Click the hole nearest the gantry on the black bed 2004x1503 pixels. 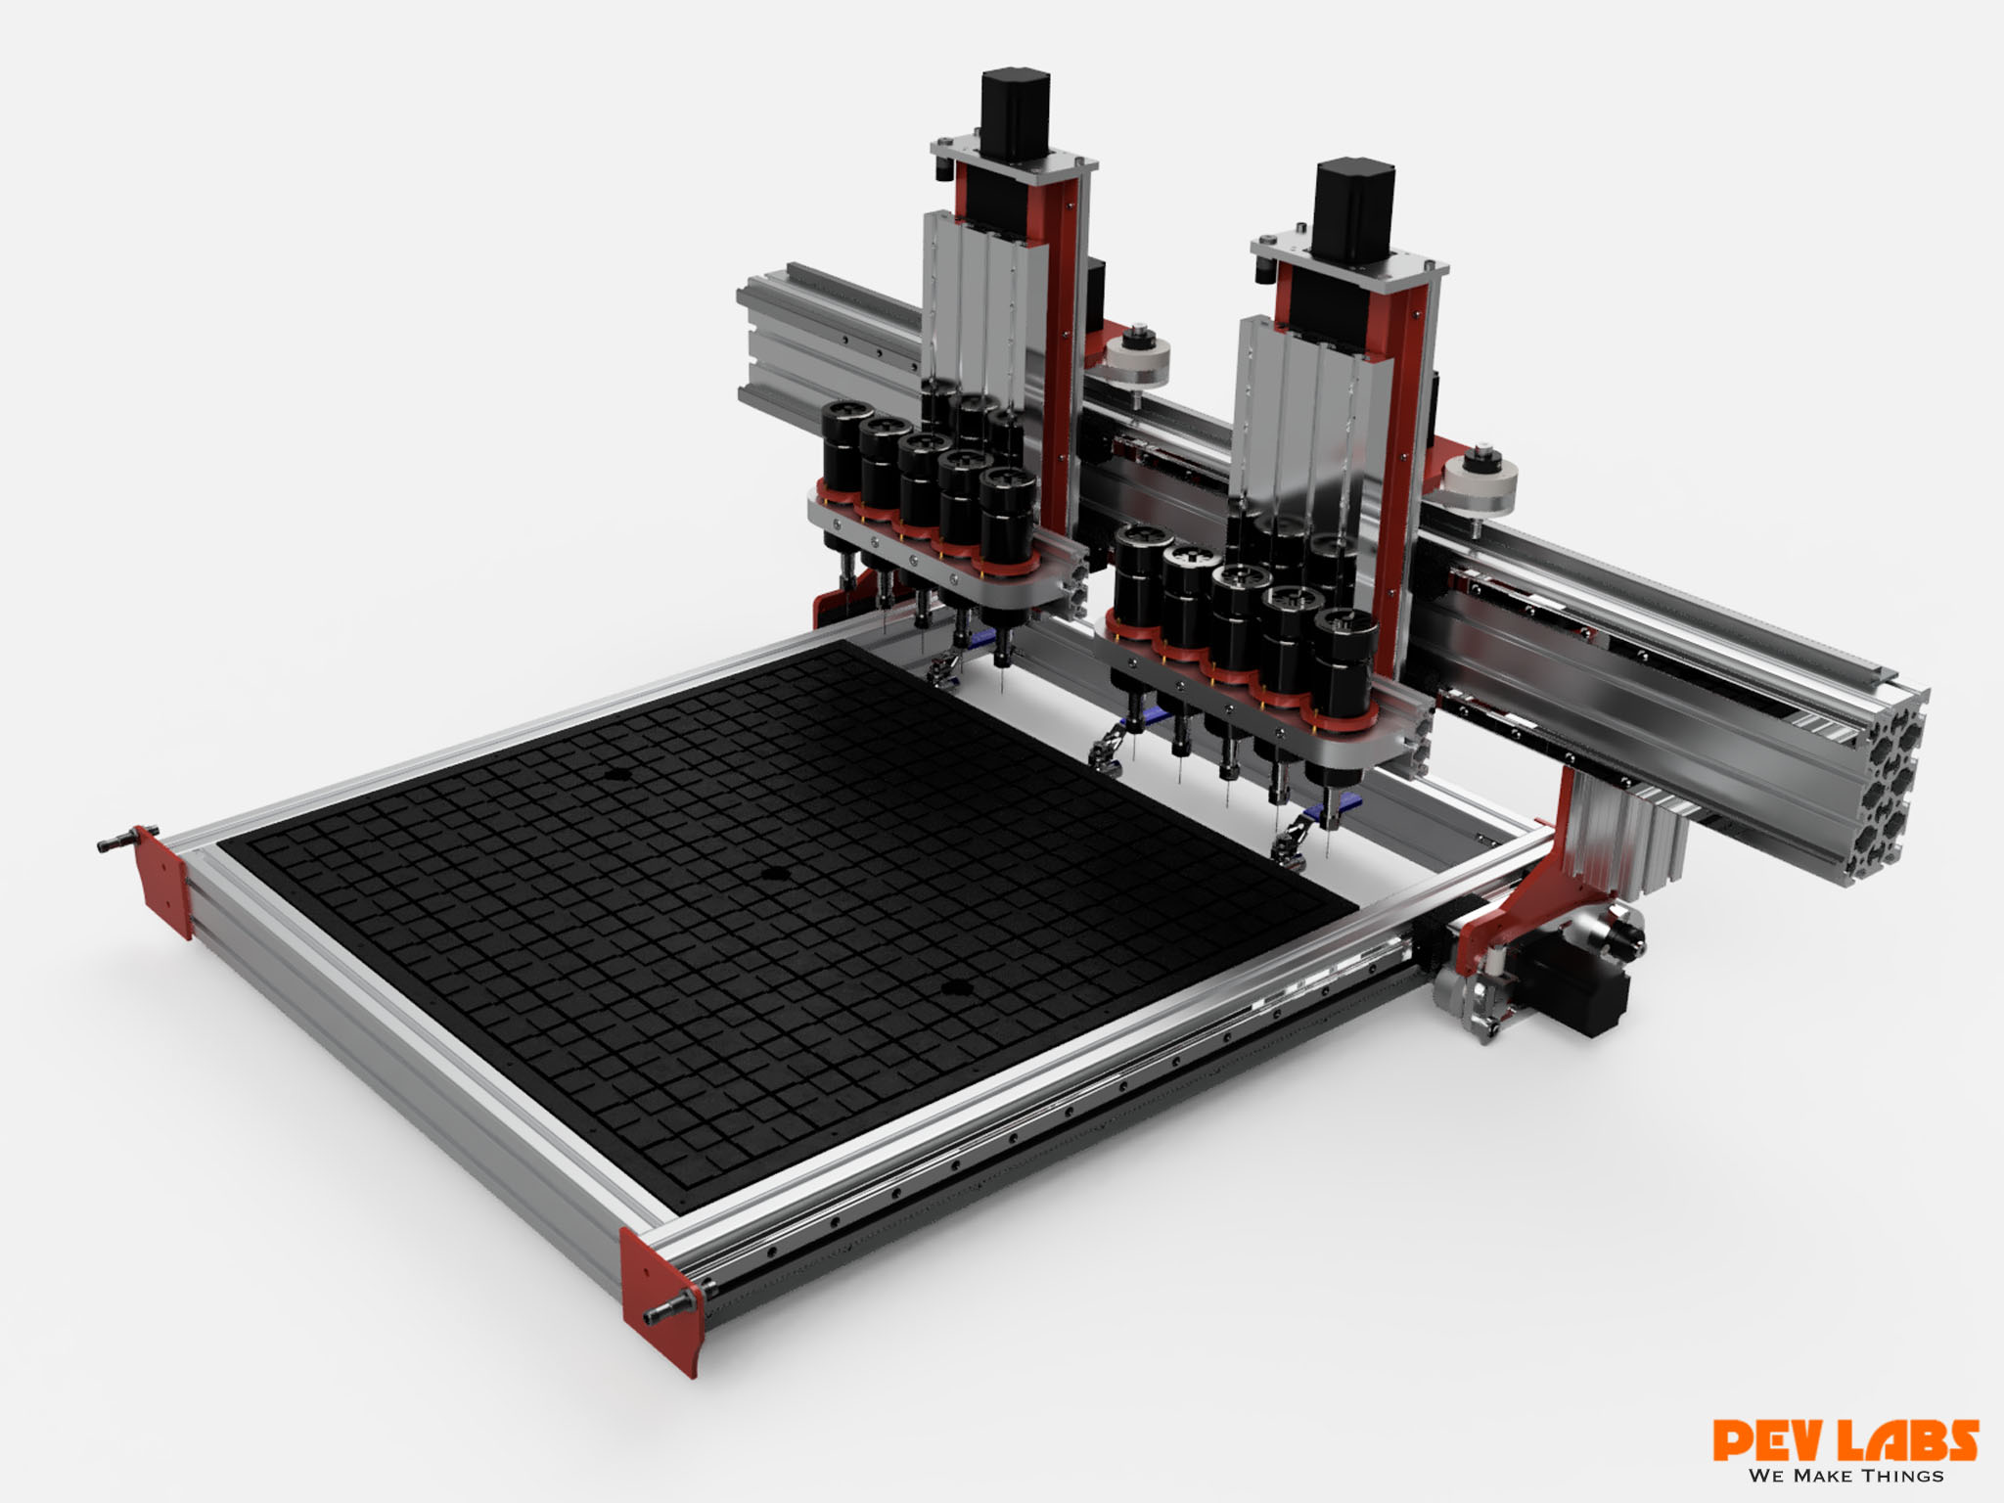tap(617, 773)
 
